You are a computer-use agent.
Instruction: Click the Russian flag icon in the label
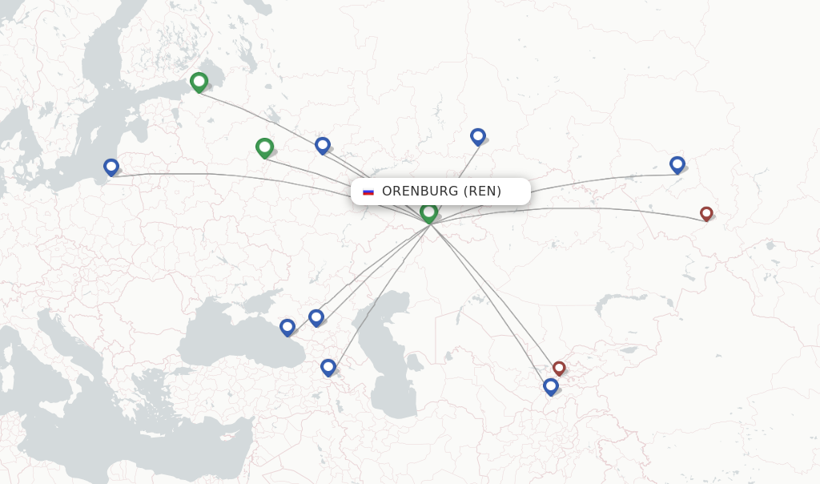[368, 192]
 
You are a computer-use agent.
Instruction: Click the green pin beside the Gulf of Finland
[199, 81]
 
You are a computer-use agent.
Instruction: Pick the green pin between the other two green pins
[264, 147]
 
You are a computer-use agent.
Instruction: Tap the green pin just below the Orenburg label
[429, 212]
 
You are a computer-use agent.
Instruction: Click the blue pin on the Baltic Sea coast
[111, 167]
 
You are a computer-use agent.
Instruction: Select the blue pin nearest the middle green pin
[323, 145]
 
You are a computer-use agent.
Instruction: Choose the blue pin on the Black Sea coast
[287, 327]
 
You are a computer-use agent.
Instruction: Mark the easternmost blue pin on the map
[677, 164]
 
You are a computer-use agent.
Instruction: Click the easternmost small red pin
[706, 213]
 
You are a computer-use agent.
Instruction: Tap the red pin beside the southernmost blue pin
[559, 368]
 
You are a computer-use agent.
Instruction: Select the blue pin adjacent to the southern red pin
[551, 386]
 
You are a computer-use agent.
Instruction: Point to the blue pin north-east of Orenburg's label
[478, 136]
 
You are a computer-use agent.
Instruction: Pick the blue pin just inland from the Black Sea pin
[316, 317]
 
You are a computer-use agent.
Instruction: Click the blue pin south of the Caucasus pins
[328, 367]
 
